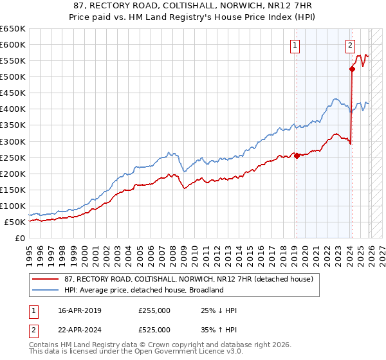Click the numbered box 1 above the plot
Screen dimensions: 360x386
click(295, 45)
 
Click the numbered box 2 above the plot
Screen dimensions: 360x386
click(350, 45)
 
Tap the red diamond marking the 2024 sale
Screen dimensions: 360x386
click(352, 69)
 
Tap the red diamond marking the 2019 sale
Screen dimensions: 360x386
click(297, 156)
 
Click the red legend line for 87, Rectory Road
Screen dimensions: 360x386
click(46, 279)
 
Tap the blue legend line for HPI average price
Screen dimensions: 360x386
click(46, 290)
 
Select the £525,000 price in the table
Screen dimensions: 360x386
click(154, 330)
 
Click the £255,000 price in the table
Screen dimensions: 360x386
click(154, 310)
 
